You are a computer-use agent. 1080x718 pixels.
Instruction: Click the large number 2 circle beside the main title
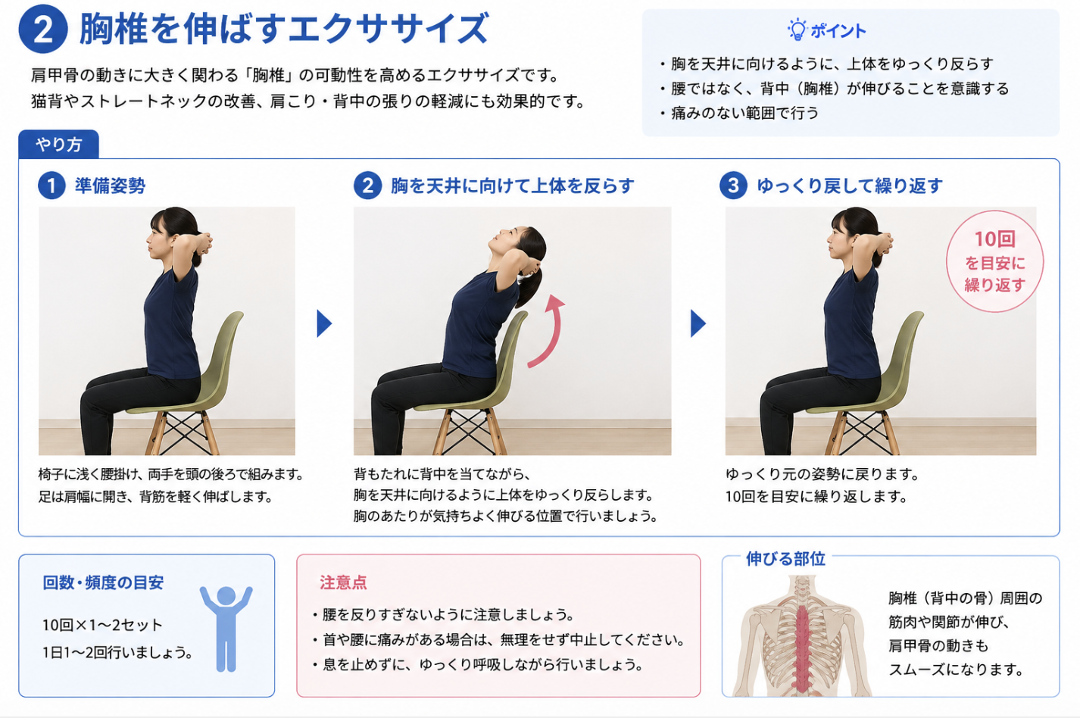click(43, 29)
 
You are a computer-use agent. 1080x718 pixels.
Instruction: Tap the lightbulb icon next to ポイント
click(797, 30)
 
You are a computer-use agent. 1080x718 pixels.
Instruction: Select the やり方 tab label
click(59, 144)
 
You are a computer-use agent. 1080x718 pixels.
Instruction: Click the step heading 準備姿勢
click(110, 186)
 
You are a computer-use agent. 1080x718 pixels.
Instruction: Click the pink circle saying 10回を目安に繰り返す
click(994, 261)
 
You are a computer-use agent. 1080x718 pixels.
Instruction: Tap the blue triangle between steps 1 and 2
click(324, 323)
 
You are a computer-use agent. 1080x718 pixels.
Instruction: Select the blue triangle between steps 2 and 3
click(698, 323)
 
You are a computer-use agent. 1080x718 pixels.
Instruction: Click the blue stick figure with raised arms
click(226, 629)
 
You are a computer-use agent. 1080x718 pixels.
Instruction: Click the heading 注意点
click(343, 582)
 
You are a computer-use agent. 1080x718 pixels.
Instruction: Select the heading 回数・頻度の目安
click(103, 582)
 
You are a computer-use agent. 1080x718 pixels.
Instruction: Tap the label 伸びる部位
click(785, 558)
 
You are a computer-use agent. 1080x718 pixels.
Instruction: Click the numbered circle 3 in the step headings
click(733, 186)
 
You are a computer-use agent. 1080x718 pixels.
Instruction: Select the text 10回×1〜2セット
click(102, 625)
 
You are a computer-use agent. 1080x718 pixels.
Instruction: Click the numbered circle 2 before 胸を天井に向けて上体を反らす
click(367, 186)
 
